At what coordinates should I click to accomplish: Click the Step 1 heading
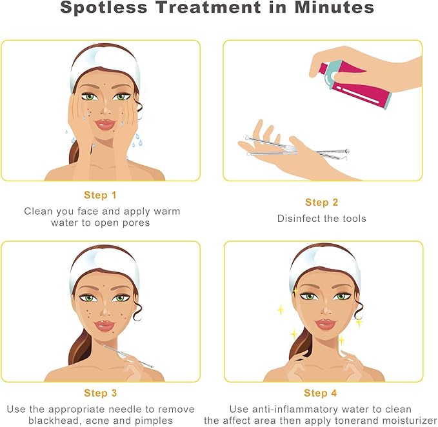tap(100, 195)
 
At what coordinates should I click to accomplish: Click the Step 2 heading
tap(321, 202)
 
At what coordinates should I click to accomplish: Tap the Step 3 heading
tap(100, 393)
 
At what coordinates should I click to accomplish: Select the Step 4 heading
tap(321, 393)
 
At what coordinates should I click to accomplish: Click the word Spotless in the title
tap(104, 8)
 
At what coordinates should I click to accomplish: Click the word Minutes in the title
tap(334, 7)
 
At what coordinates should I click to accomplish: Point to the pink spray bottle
tap(355, 83)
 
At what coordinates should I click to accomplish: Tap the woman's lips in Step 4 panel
tap(325, 324)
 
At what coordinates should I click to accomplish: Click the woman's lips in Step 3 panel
tap(105, 326)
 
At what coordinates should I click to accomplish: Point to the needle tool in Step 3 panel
tap(128, 356)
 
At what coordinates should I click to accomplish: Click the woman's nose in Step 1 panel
tap(106, 109)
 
